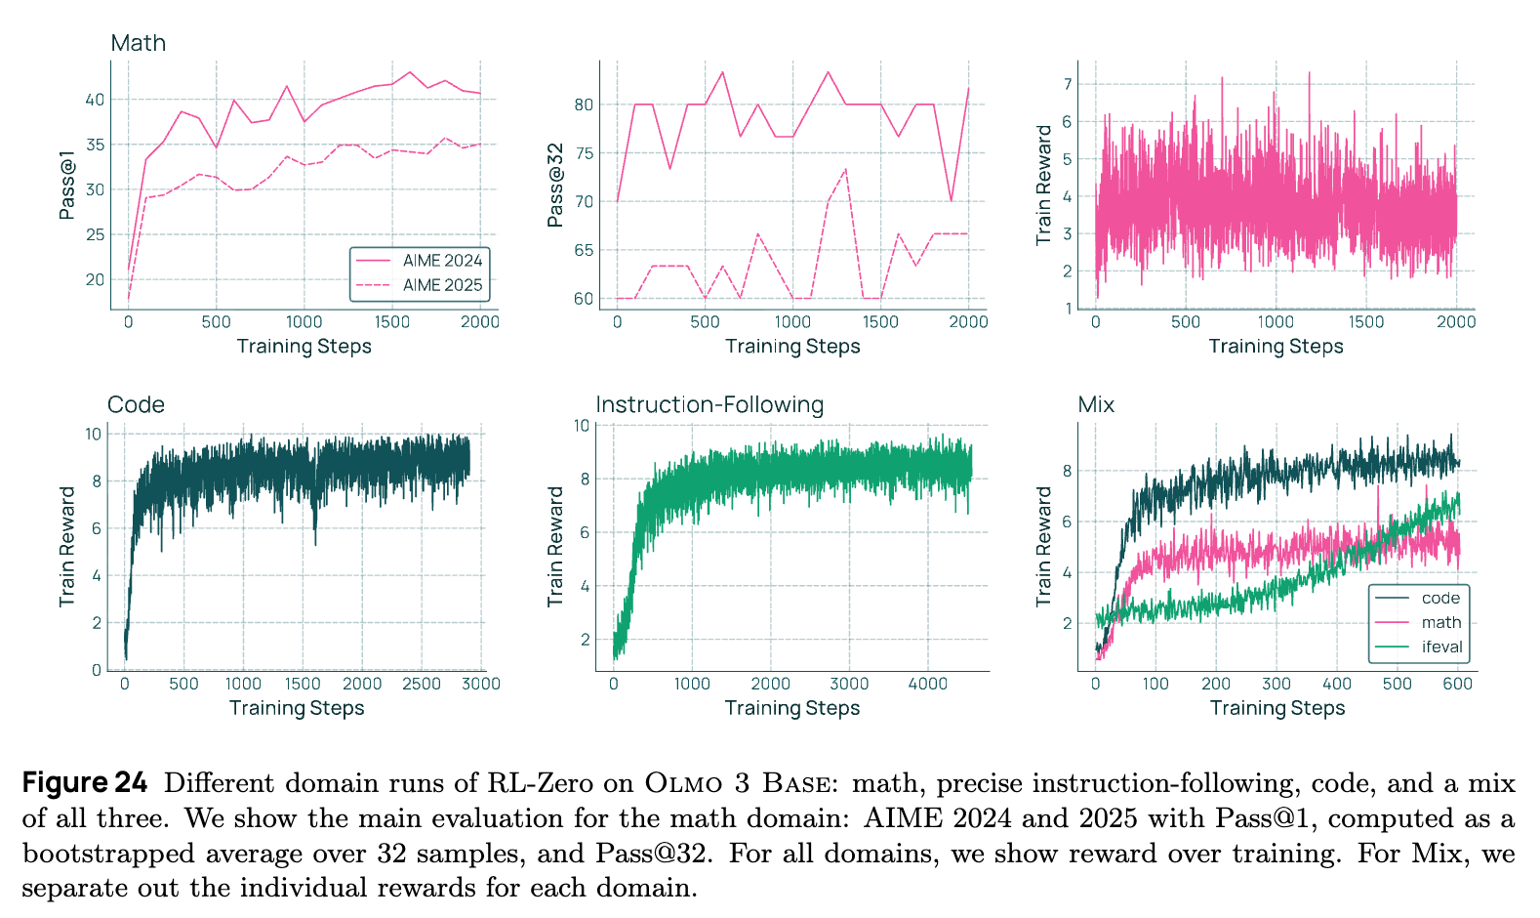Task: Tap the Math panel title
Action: pyautogui.click(x=139, y=43)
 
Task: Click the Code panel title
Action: pyautogui.click(x=136, y=405)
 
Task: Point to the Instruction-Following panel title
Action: pyautogui.click(x=709, y=405)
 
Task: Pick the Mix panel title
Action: pyautogui.click(x=1096, y=405)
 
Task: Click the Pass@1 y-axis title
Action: pyautogui.click(x=67, y=185)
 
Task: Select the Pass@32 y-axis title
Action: pyautogui.click(x=555, y=185)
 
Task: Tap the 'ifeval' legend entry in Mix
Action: pyautogui.click(x=1441, y=647)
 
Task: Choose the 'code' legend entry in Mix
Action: pyautogui.click(x=1440, y=598)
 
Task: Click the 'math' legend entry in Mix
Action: pyautogui.click(x=1441, y=622)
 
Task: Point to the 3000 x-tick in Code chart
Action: pyautogui.click(x=481, y=684)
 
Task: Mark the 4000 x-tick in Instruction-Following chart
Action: pyautogui.click(x=928, y=684)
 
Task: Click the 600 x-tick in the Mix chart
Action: pyautogui.click(x=1457, y=684)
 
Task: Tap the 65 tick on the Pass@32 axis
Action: pyautogui.click(x=584, y=250)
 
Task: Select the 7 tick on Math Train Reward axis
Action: pyautogui.click(x=1068, y=85)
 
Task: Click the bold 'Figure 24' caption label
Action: pyautogui.click(x=85, y=783)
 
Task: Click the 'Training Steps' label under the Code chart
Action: pyautogui.click(x=297, y=708)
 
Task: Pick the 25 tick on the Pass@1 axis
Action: pyautogui.click(x=95, y=234)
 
